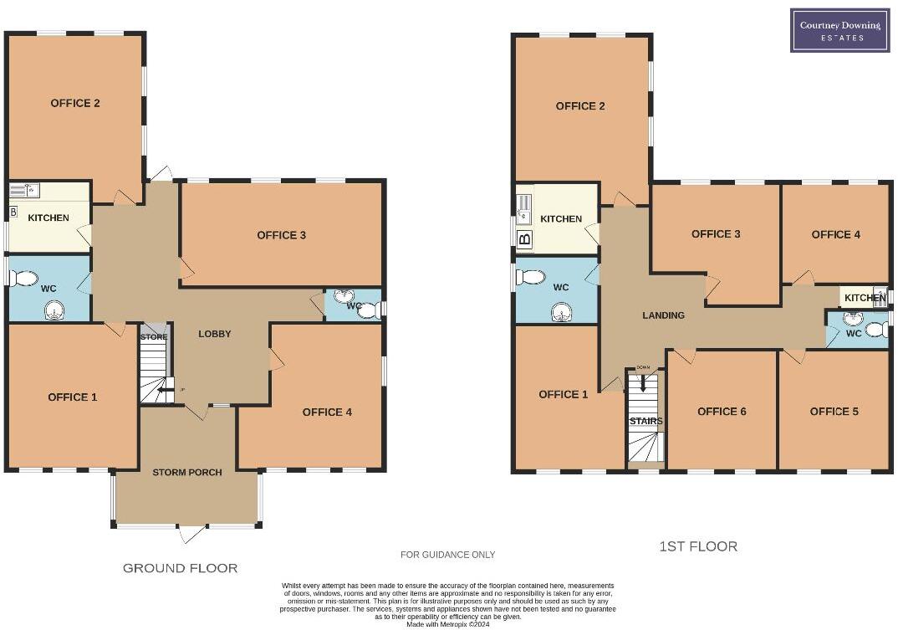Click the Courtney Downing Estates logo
[x=839, y=31]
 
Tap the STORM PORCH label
[x=187, y=473]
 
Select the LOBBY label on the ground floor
[x=214, y=335]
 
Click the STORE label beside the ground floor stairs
[x=154, y=337]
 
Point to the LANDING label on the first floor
[x=663, y=315]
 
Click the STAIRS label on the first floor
[x=645, y=421]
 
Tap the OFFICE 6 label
[x=722, y=412]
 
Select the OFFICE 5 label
[x=834, y=412]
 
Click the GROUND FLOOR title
[x=180, y=568]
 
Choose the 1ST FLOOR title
[x=698, y=546]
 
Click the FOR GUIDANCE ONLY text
[x=447, y=555]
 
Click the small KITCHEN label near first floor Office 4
[x=864, y=298]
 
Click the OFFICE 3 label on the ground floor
[x=281, y=235]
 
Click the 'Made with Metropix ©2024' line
[x=447, y=624]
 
